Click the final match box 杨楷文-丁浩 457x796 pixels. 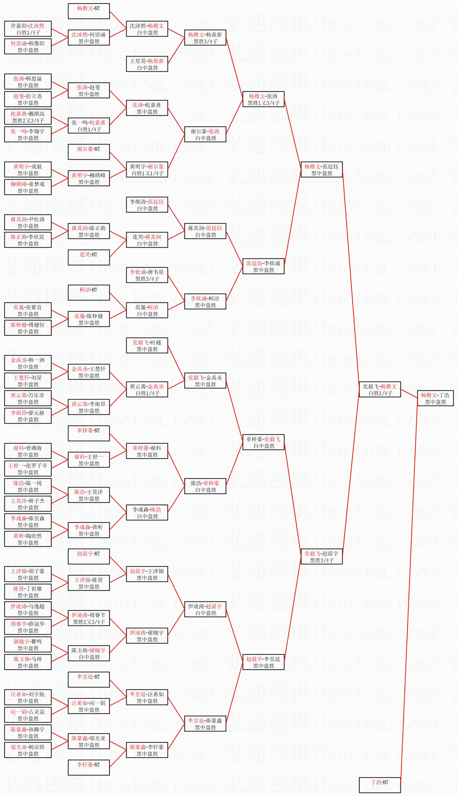pos(435,398)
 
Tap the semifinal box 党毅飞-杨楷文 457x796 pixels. pos(380,389)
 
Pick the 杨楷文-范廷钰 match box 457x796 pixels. pos(322,169)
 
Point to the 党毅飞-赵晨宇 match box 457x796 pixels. pos(322,556)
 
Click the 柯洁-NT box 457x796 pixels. pos(89,293)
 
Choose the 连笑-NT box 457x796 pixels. pos(89,257)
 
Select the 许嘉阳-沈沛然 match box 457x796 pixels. pos(28,29)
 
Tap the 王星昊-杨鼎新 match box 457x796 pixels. pos(147,64)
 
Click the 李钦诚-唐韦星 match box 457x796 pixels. pos(147,275)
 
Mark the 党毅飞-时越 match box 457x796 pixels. pos(147,345)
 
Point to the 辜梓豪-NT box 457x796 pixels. pos(89,433)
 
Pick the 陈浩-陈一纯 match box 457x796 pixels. pos(28,486)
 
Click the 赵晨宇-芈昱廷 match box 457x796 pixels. pos(263,662)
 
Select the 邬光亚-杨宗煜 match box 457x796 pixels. pos(28,750)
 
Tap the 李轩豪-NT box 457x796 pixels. pos(89,768)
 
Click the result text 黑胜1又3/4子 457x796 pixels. pos(263,103)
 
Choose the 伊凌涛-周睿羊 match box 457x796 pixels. pos(89,618)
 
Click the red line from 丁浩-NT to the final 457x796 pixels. pos(409,592)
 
